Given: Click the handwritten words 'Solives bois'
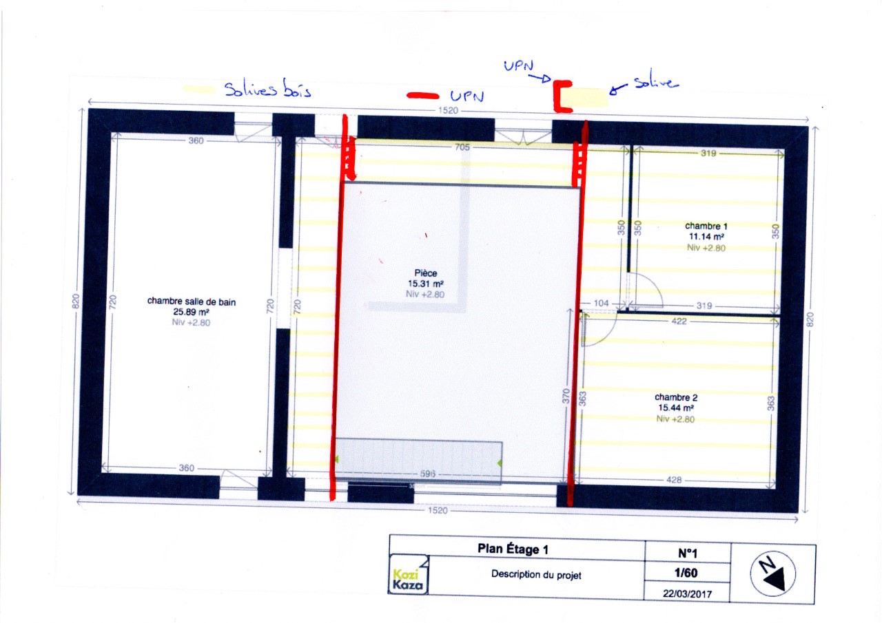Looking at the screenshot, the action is coord(268,89).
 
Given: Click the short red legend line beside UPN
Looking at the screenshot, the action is coord(422,96).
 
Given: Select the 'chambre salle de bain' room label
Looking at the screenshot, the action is coord(192,302).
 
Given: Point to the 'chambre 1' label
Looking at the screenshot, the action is coord(706,226).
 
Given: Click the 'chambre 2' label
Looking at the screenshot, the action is coord(676,397).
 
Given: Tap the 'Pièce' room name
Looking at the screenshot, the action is coord(425,273).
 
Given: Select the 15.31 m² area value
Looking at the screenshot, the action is coord(425,284).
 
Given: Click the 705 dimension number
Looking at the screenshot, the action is coord(462,147).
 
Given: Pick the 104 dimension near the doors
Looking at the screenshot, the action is coord(601,304).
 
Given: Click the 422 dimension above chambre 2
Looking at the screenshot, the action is coord(679,321).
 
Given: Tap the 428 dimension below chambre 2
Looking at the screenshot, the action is coord(674,480).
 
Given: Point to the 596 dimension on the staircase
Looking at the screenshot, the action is coord(428,474).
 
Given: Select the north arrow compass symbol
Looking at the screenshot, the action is coord(772,574).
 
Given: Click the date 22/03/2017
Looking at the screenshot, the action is coord(687,594).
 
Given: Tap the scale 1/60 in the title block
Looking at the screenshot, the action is coord(686,573).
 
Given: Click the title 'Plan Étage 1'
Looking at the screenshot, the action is coord(513,549).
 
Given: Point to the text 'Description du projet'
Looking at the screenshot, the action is coord(536,575).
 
